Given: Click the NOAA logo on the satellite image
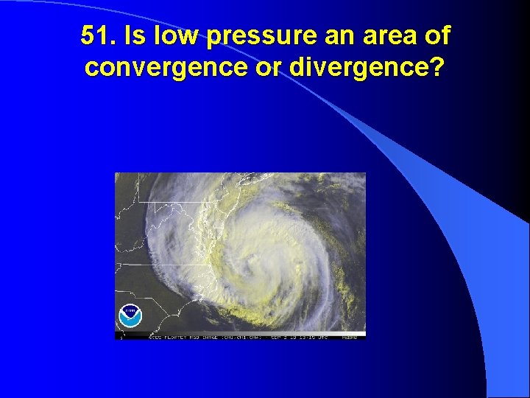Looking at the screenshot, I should [x=130, y=315].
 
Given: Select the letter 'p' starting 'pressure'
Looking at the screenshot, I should [x=215, y=38].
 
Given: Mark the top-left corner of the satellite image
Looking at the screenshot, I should [x=116, y=173].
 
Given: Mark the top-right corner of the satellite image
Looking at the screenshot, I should [x=365, y=173].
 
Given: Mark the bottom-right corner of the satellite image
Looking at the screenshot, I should [x=365, y=338].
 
